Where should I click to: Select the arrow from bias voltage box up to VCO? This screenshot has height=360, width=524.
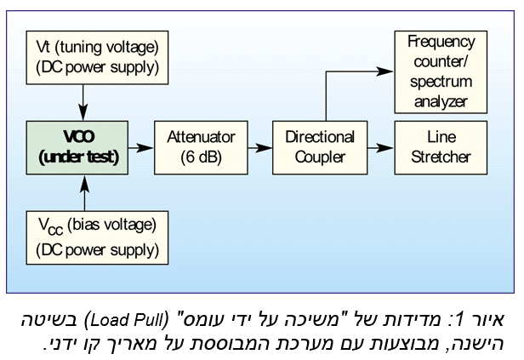[83, 194]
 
